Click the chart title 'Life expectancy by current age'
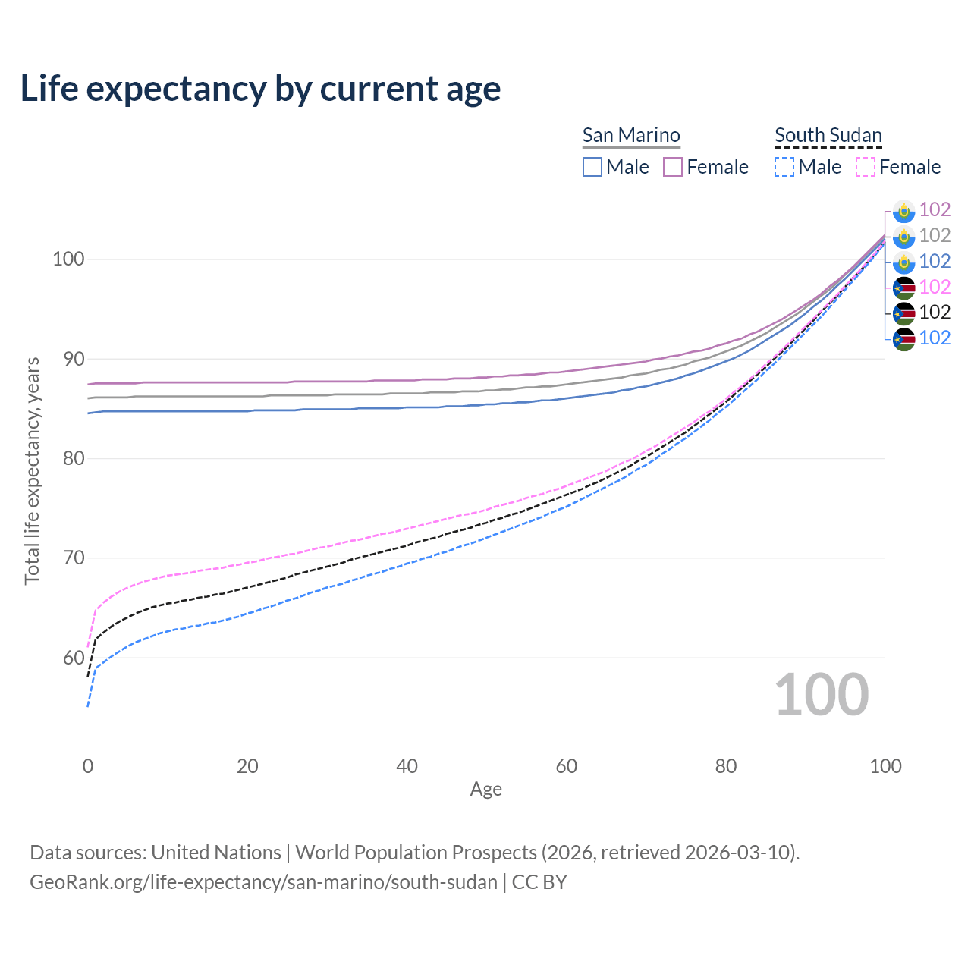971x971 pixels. point(260,89)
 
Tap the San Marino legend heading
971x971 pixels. point(631,135)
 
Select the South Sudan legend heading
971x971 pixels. point(828,135)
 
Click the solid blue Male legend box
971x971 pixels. point(592,167)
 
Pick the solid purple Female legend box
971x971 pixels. point(673,167)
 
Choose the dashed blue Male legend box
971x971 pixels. point(784,167)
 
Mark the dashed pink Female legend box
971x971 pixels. point(866,167)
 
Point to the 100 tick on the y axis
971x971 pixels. point(68,259)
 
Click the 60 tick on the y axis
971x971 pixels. point(73,658)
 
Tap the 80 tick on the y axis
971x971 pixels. point(73,459)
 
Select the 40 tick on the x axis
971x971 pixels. point(407,766)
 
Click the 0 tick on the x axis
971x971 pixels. point(88,766)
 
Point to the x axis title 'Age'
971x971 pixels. point(485,790)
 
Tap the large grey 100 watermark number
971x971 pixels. point(821,695)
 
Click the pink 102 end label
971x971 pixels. point(935,287)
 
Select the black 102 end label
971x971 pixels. point(935,312)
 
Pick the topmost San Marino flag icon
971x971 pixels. point(903,210)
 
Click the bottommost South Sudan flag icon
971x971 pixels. point(903,338)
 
